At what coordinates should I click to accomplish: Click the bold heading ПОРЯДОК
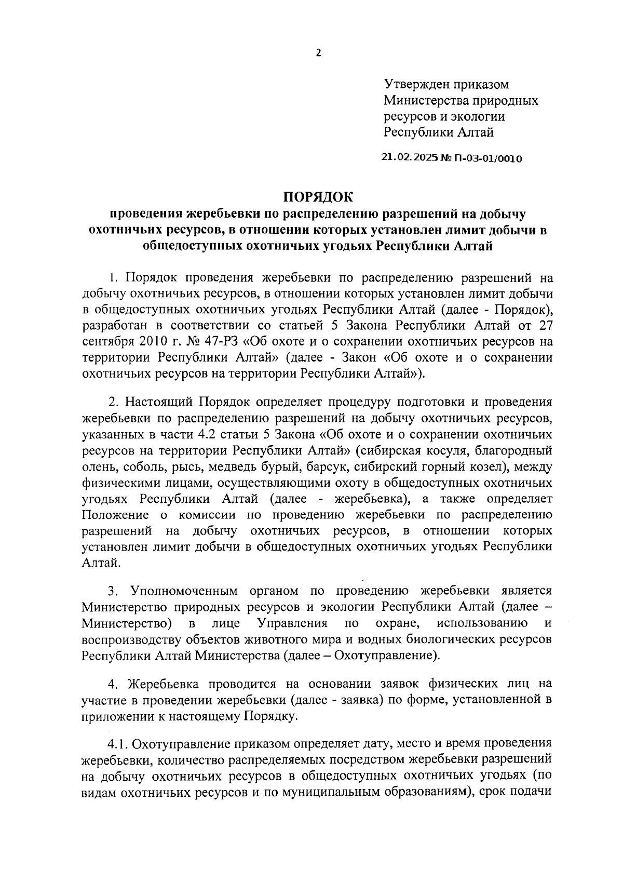point(317,197)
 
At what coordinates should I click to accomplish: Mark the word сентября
point(107,342)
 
